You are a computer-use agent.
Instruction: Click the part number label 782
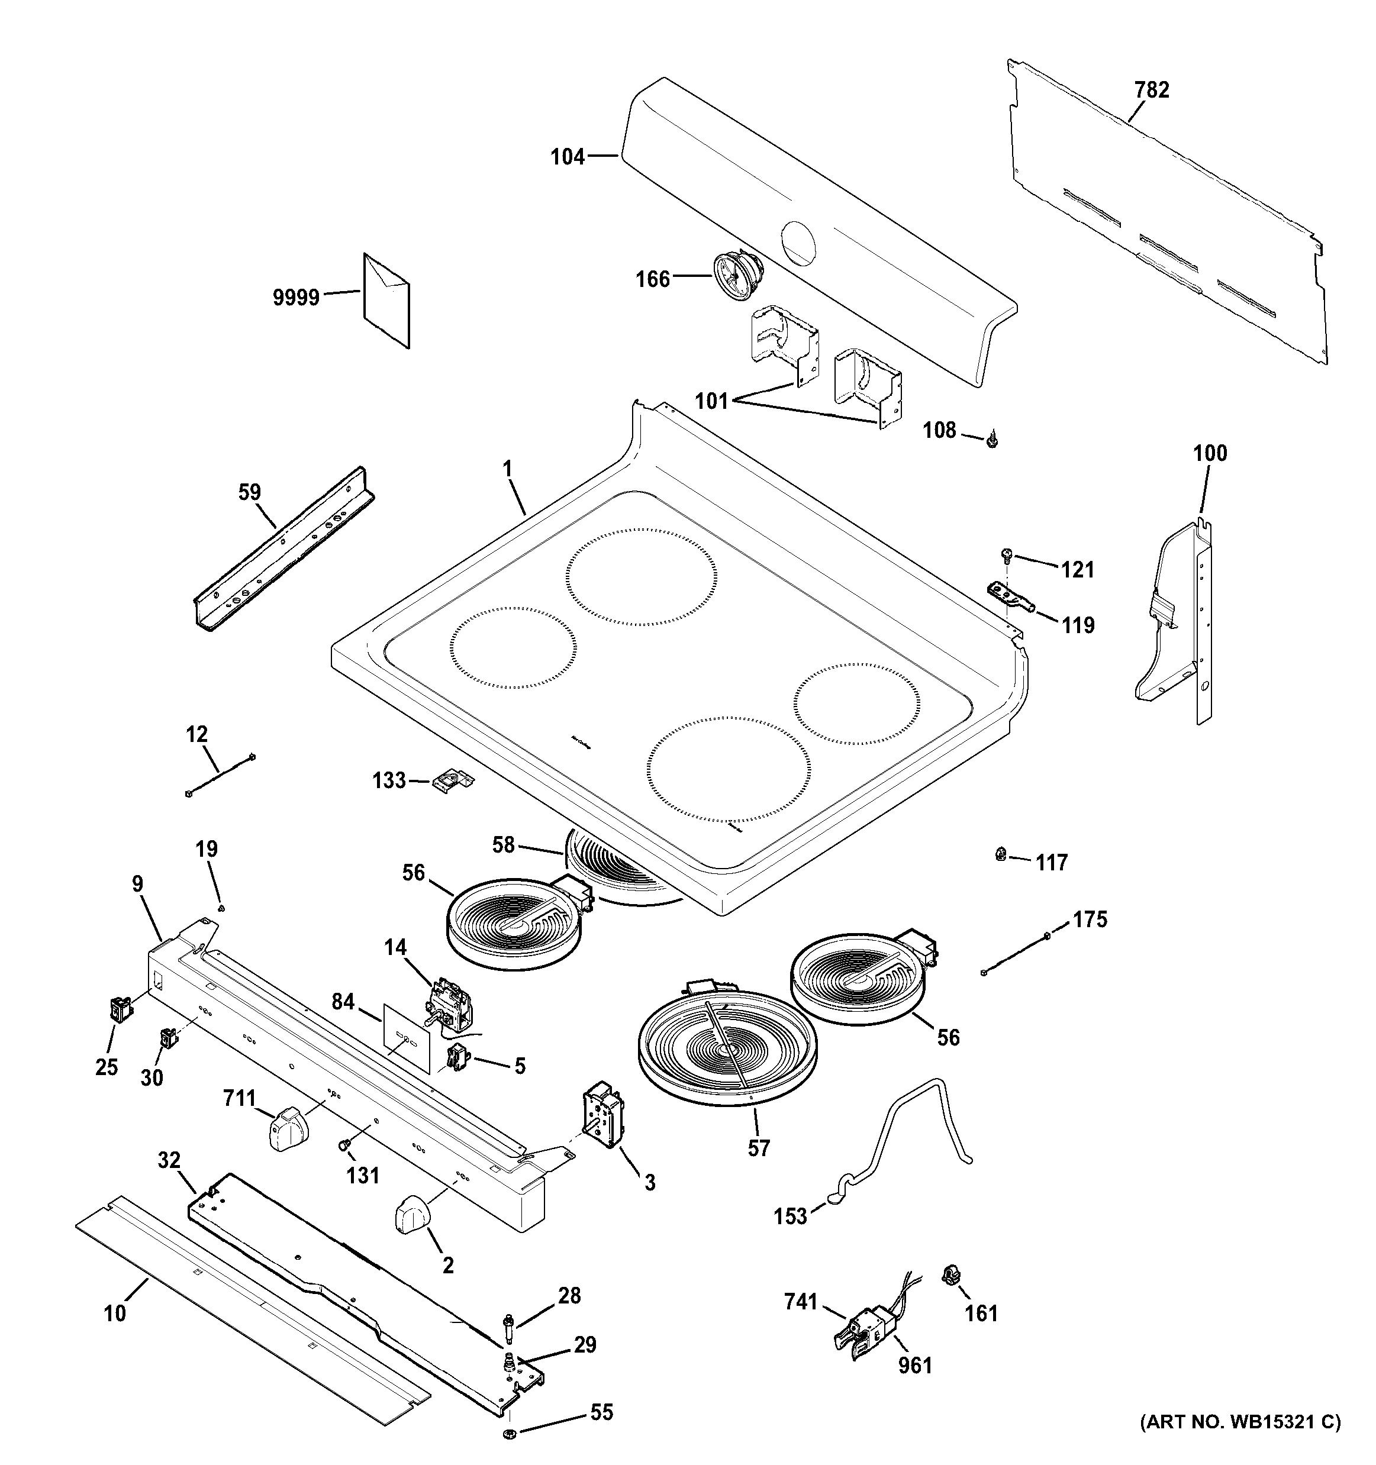point(1152,90)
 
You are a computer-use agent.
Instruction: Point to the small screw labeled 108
point(992,441)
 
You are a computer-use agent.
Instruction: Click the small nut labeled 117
point(1001,855)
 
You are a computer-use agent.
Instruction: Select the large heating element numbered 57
point(727,1054)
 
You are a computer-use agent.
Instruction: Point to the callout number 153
point(790,1216)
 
